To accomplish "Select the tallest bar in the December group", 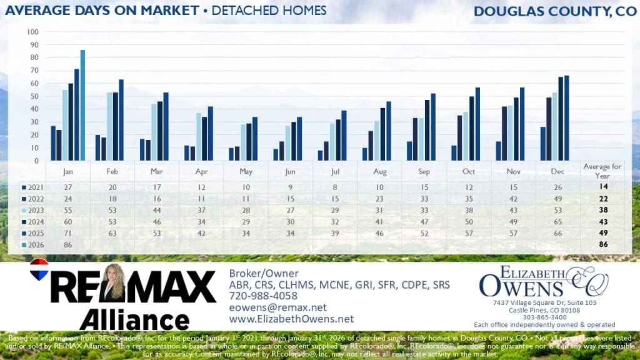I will coord(567,118).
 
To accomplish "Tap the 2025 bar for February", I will coord(121,120).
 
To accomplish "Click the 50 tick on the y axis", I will coord(35,96).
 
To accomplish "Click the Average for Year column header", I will coord(602,170).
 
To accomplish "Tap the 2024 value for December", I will coord(559,222).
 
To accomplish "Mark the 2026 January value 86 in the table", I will coord(67,246).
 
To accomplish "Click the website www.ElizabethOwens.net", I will coord(291,319).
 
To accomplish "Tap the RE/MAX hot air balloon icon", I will coord(39,268).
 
